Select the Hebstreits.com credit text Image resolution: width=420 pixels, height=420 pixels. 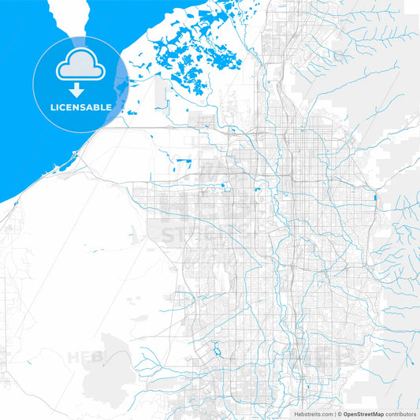coord(311,413)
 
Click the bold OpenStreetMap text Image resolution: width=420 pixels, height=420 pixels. coord(362,413)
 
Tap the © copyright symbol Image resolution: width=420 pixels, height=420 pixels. coord(340,413)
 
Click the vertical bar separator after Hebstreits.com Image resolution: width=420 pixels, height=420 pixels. coord(334,413)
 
